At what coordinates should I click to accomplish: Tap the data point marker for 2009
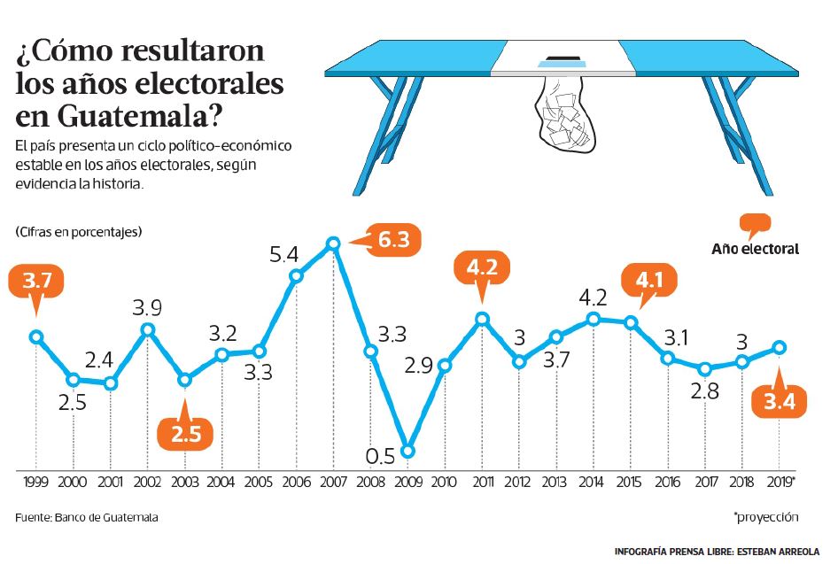pos(407,451)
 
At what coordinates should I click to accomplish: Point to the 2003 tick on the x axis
pos(184,483)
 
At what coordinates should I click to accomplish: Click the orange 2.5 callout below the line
pos(184,434)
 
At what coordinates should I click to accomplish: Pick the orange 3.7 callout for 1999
pos(36,282)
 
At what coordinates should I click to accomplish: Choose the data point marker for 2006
pos(297,274)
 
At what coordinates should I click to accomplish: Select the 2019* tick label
pos(780,483)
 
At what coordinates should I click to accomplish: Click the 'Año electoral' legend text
pos(755,249)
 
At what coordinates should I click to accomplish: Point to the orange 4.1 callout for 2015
pos(649,282)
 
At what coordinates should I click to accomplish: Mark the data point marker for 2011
pos(482,319)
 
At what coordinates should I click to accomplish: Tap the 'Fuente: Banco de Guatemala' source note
pos(86,517)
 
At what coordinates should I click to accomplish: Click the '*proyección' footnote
pos(766,517)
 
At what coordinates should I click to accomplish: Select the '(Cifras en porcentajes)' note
pos(78,232)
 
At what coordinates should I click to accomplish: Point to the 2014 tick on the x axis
pos(593,483)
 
